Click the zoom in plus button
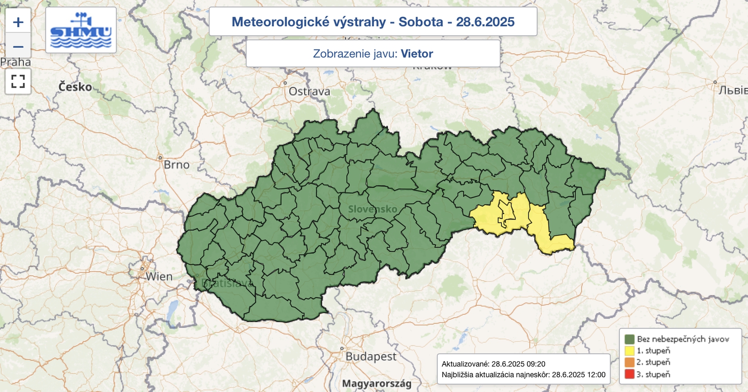[x=18, y=22]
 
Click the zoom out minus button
[x=18, y=46]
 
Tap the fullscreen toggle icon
[x=18, y=81]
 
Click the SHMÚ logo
[x=81, y=30]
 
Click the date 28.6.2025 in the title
[x=485, y=22]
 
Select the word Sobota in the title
[x=420, y=22]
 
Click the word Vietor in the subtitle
[x=417, y=54]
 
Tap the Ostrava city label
[x=309, y=92]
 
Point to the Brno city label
[x=176, y=165]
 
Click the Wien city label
[x=159, y=277]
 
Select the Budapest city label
[x=370, y=356]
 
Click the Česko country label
[x=75, y=87]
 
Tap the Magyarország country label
[x=377, y=384]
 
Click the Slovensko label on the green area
[x=373, y=209]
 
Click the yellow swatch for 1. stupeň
[x=629, y=350]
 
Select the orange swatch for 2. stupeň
[x=629, y=362]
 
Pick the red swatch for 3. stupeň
[x=629, y=374]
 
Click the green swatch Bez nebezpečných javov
[x=629, y=339]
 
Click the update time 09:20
[x=535, y=364]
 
